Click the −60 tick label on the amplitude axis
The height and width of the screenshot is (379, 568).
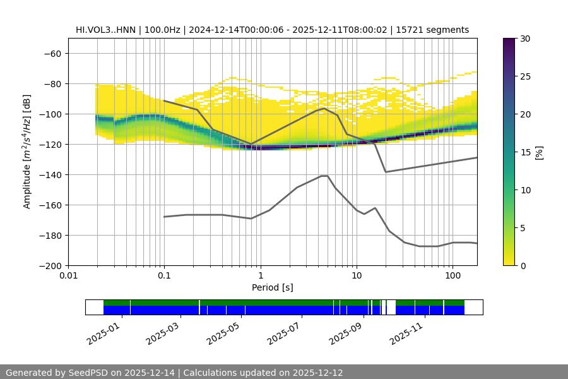tap(52, 53)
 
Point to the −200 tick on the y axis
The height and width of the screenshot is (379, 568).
tap(49, 265)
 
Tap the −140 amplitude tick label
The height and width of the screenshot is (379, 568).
tap(49, 174)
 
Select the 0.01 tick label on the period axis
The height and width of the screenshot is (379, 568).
tap(68, 276)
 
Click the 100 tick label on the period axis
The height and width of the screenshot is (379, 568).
tap(452, 276)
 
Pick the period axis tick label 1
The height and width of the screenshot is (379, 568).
tap(260, 276)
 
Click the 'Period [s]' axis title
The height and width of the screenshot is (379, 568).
tap(272, 287)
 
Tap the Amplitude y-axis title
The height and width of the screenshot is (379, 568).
tap(27, 152)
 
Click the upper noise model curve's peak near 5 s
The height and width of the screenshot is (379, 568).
tap(324, 108)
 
